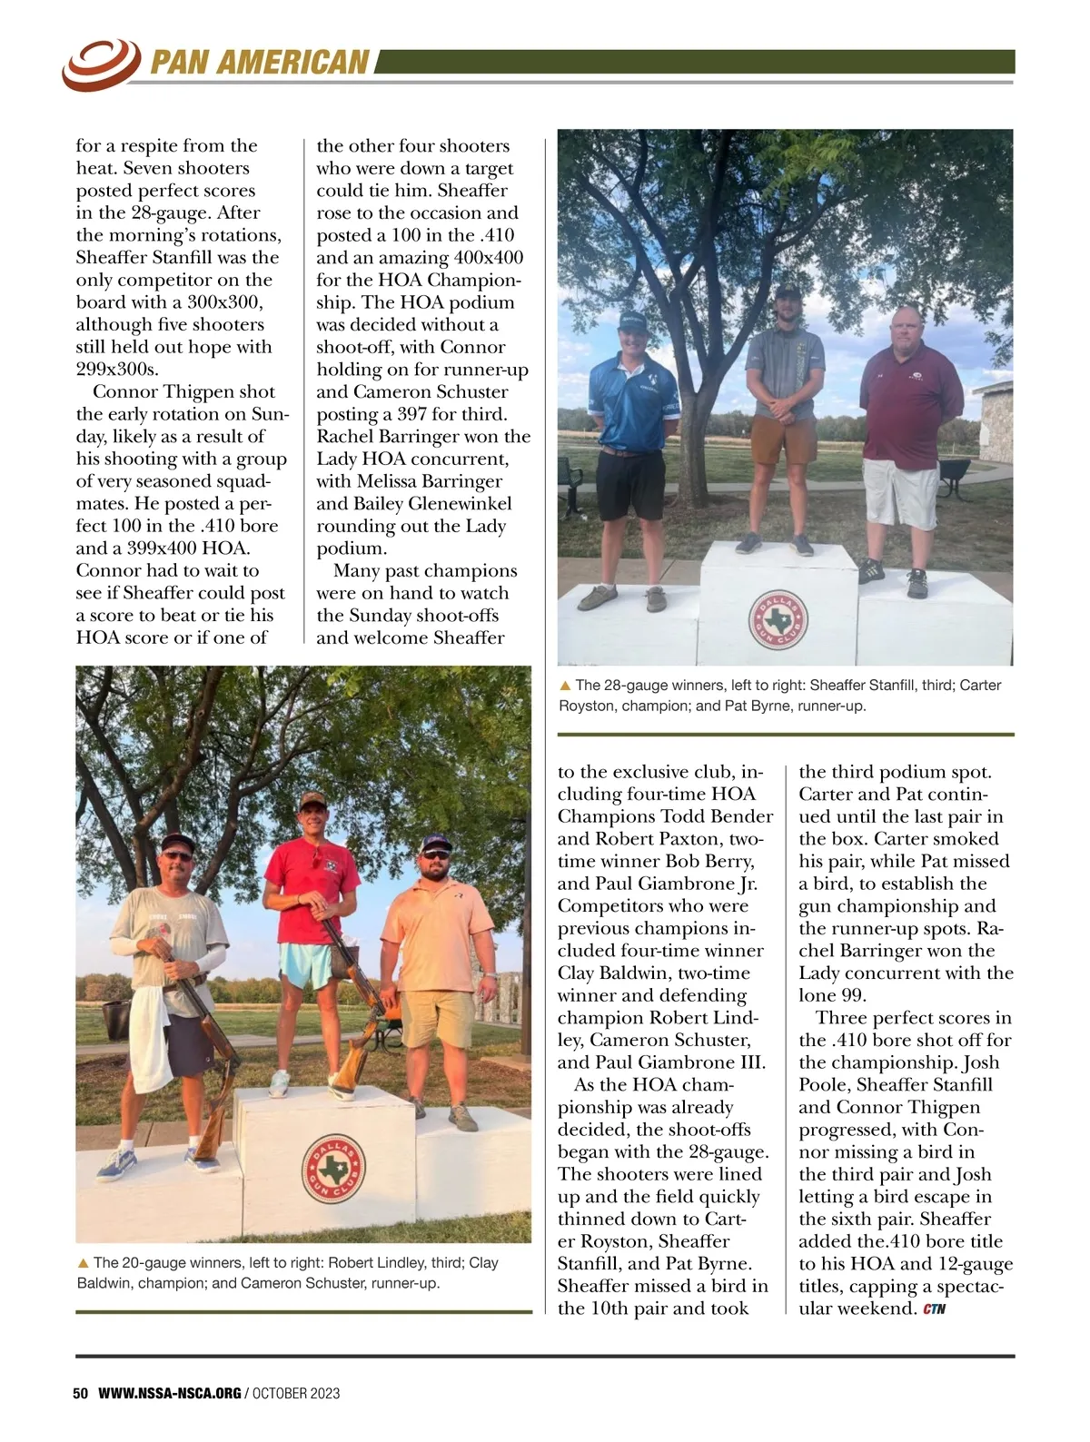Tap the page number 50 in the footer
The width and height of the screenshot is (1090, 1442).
click(x=80, y=1393)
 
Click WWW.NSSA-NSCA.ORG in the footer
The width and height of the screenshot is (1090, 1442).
click(x=170, y=1393)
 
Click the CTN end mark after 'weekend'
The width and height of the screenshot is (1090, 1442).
click(x=934, y=1309)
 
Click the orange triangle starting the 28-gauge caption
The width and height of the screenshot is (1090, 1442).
click(x=565, y=686)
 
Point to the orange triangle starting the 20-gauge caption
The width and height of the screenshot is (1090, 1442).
click(x=84, y=1262)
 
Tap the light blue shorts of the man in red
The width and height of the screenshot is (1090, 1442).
click(x=310, y=963)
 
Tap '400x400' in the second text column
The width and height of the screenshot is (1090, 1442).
click(x=488, y=258)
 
